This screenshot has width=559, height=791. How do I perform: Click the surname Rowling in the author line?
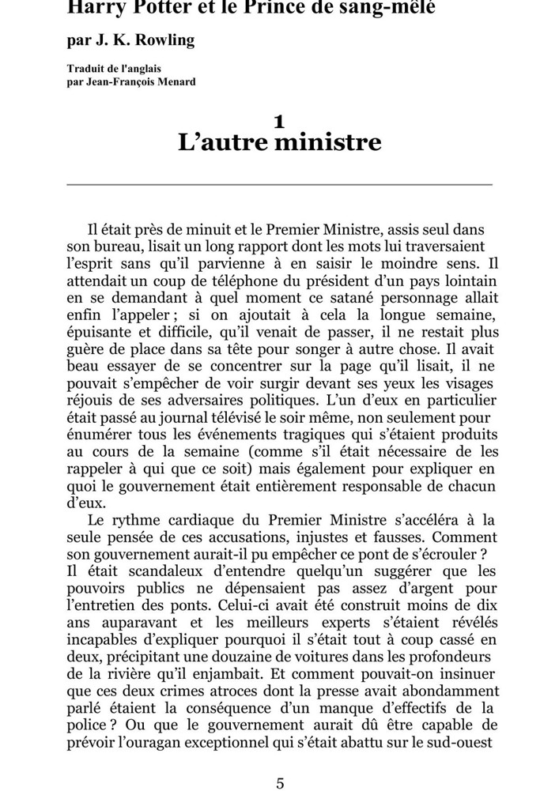coord(165,40)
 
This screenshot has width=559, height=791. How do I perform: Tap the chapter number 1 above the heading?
coord(279,121)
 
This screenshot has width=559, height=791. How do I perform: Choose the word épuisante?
coord(100,332)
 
